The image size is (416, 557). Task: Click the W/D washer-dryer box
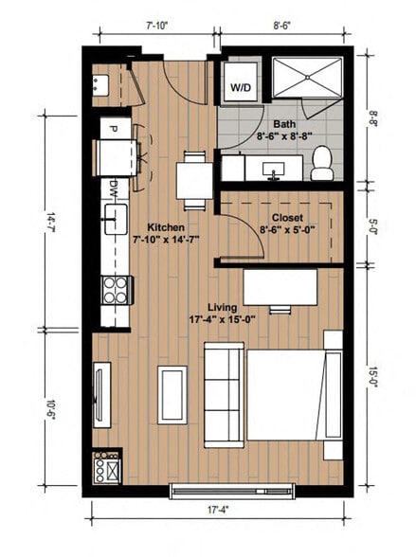pyautogui.click(x=240, y=88)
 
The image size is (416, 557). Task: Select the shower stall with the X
pyautogui.click(x=308, y=76)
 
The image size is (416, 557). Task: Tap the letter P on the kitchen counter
pyautogui.click(x=112, y=129)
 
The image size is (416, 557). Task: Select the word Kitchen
pyautogui.click(x=165, y=227)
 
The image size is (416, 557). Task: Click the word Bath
pyautogui.click(x=283, y=124)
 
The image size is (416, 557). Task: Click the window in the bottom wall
pyautogui.click(x=220, y=491)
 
